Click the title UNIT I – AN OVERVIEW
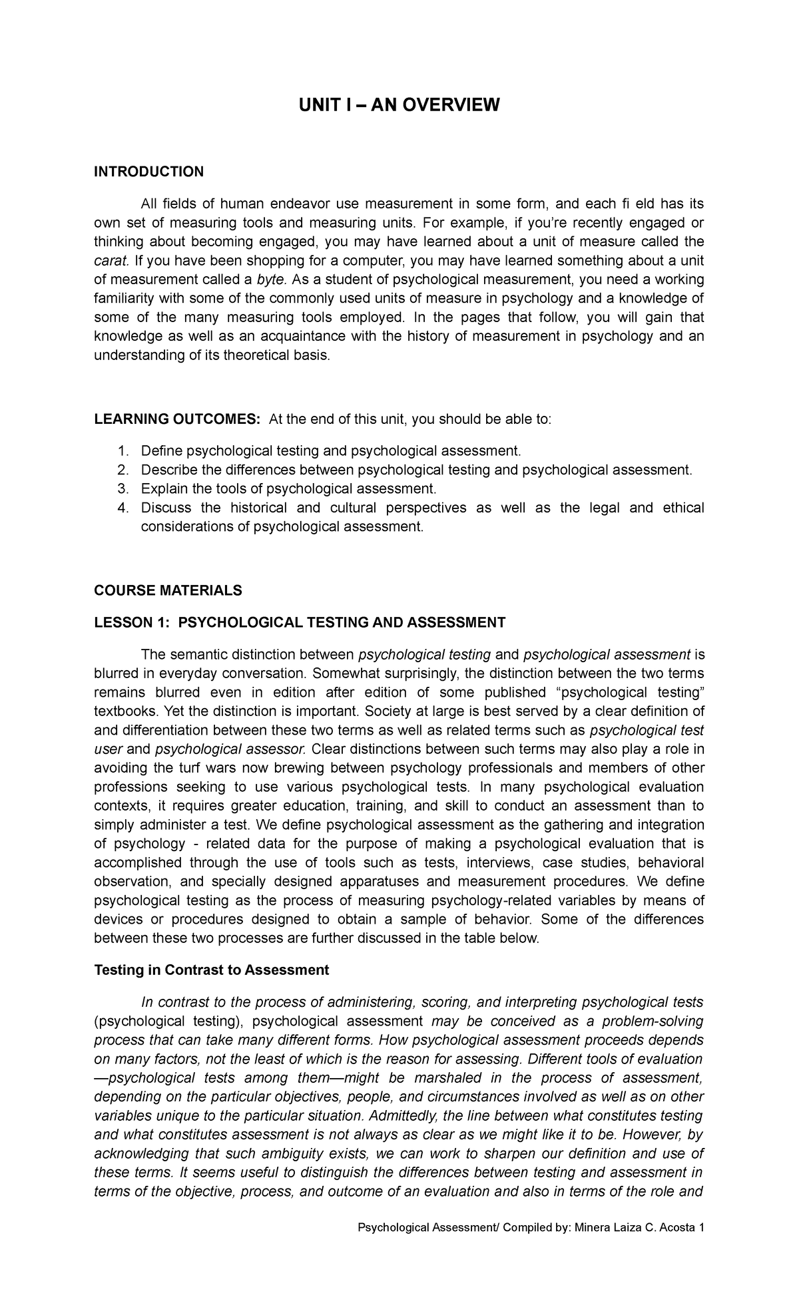pyautogui.click(x=399, y=104)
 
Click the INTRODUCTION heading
pyautogui.click(x=148, y=172)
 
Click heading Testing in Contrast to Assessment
pyautogui.click(x=211, y=970)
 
